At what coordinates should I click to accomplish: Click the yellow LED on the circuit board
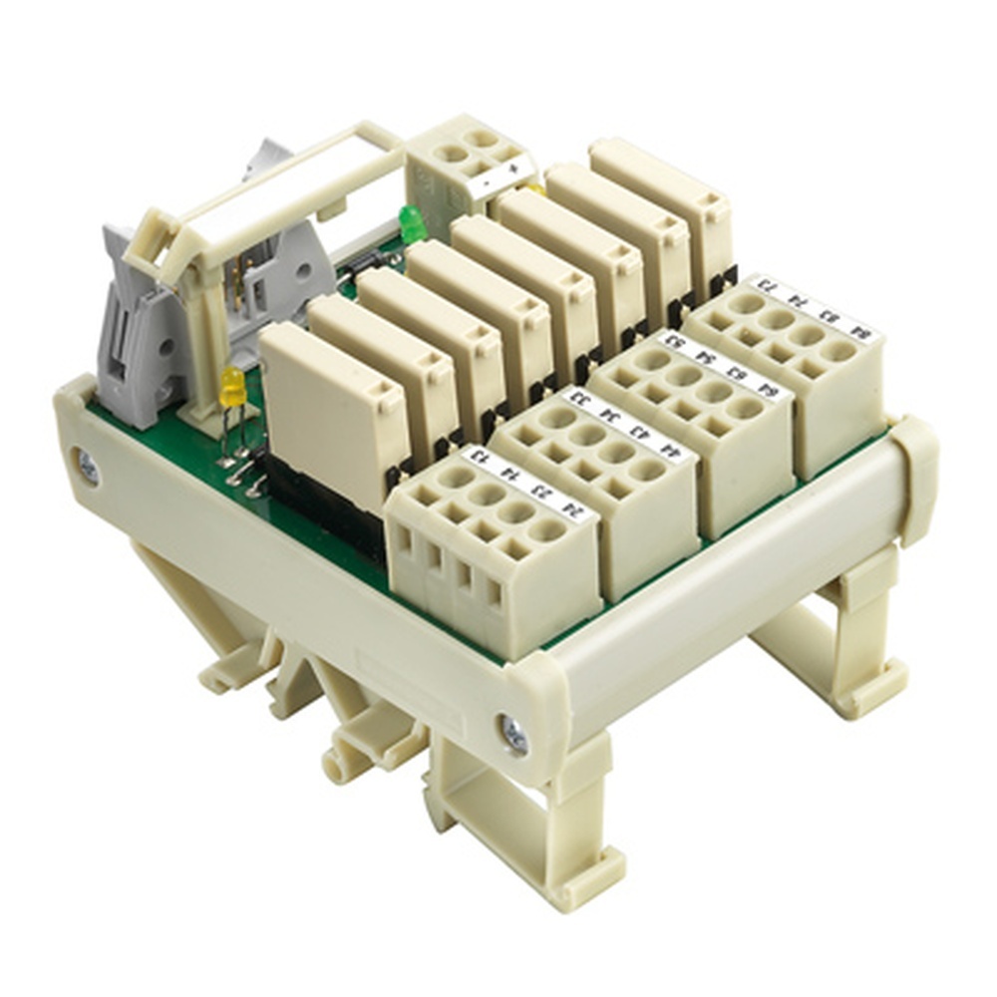[232, 386]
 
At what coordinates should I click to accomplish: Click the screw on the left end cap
[88, 467]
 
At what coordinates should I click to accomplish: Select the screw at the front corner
[515, 735]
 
